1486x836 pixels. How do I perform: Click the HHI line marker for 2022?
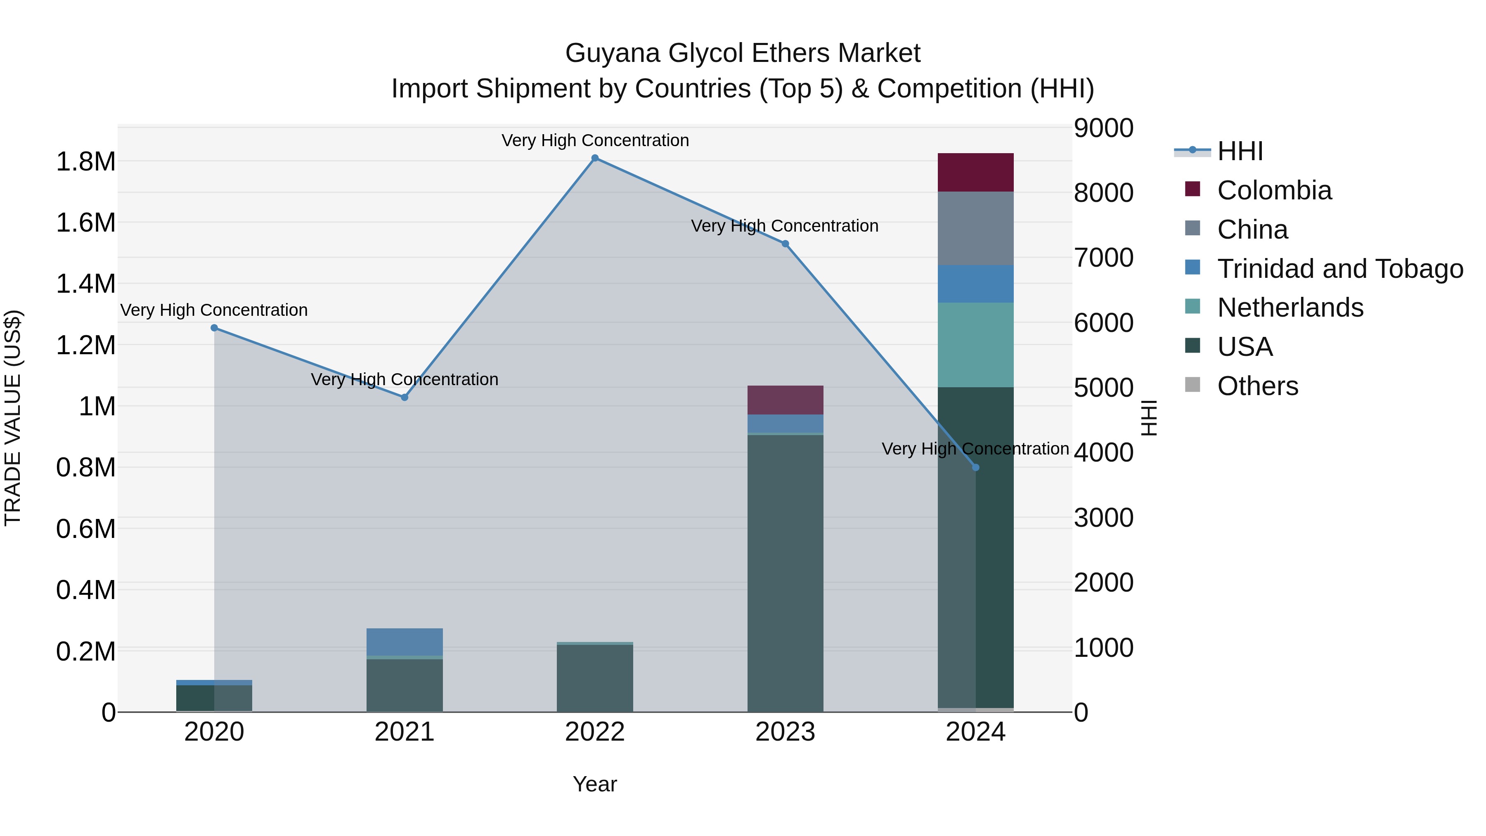click(x=595, y=158)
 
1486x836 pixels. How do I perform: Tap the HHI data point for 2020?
click(x=214, y=328)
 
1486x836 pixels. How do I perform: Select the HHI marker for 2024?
click(x=975, y=467)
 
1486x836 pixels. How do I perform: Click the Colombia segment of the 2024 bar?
click(x=975, y=173)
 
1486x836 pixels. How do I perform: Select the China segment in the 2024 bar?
click(x=975, y=228)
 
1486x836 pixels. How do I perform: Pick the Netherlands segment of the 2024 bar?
click(x=975, y=344)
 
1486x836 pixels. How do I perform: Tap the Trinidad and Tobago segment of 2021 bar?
click(x=405, y=642)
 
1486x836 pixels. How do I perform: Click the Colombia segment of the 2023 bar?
click(x=785, y=400)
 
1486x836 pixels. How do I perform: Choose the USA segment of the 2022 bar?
click(x=595, y=678)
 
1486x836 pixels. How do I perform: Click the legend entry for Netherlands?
click(x=1290, y=308)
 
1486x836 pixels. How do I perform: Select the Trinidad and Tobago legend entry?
click(x=1339, y=268)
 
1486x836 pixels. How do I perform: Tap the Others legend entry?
click(x=1258, y=386)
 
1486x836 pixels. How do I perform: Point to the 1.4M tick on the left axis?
click(x=86, y=284)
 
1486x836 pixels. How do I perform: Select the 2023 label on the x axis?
click(x=785, y=732)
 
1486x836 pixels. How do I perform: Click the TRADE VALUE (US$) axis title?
click(x=13, y=418)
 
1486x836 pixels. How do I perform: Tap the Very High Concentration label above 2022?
click(x=595, y=140)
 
